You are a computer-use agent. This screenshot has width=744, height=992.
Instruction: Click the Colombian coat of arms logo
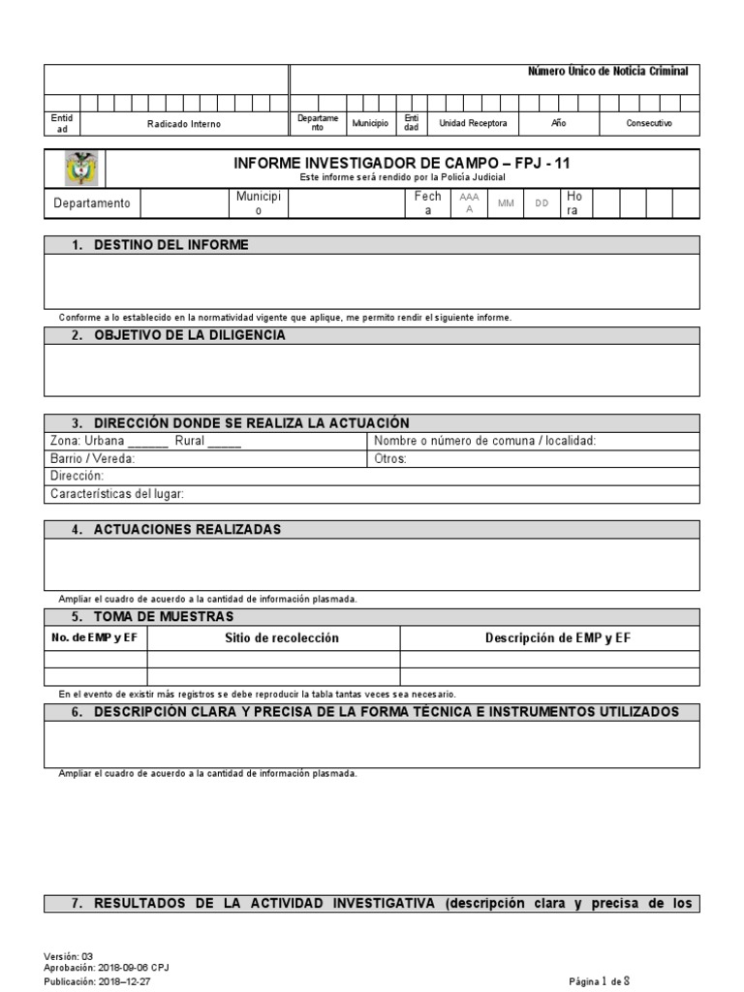pyautogui.click(x=76, y=169)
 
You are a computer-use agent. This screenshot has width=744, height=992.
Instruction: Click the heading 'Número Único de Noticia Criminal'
pyautogui.click(x=607, y=72)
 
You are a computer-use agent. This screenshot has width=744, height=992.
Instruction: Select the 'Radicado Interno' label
pyautogui.click(x=183, y=124)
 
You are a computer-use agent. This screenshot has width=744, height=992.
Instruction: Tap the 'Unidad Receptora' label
pyautogui.click(x=473, y=124)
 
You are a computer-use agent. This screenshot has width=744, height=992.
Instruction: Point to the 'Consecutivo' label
pyautogui.click(x=648, y=124)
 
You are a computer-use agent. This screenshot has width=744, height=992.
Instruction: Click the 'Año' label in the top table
pyautogui.click(x=558, y=124)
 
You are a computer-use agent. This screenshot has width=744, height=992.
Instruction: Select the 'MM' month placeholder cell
pyautogui.click(x=506, y=203)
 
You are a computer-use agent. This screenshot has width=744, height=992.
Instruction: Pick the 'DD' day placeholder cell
pyautogui.click(x=542, y=203)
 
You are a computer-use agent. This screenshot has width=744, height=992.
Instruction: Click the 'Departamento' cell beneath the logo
pyautogui.click(x=92, y=203)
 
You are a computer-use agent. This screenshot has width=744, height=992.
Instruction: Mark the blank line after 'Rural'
pyautogui.click(x=225, y=442)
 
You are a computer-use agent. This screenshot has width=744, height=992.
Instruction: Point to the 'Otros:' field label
pyautogui.click(x=390, y=459)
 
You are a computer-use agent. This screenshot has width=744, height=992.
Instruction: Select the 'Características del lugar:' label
pyautogui.click(x=116, y=494)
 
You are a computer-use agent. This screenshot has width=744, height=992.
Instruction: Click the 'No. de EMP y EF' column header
pyautogui.click(x=95, y=637)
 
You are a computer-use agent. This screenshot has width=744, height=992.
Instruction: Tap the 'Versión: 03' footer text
pyautogui.click(x=69, y=955)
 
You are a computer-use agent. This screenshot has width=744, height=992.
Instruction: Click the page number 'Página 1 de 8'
pyautogui.click(x=600, y=980)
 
